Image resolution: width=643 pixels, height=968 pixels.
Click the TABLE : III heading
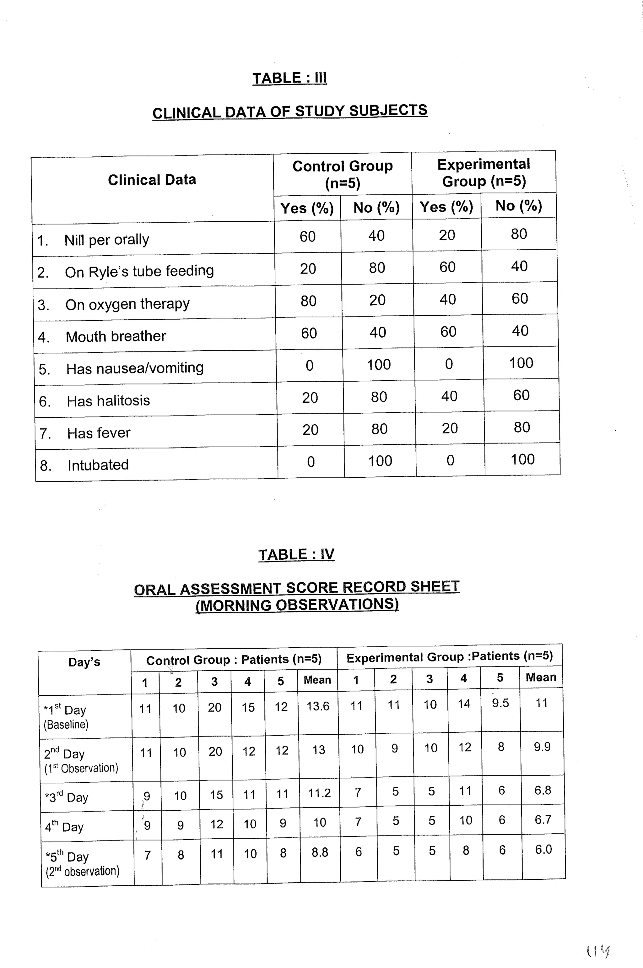coord(289,78)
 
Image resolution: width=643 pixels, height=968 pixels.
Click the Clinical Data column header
coord(152,180)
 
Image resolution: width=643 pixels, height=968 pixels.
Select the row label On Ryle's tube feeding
coord(139,271)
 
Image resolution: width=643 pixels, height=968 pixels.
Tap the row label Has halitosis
coord(108,400)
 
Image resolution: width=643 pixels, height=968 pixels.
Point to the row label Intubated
coord(98,465)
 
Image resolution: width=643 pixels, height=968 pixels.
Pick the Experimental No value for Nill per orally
coord(519,234)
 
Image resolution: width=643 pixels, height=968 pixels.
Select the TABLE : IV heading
coord(296,554)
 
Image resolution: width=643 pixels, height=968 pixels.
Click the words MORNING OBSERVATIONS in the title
coord(297,605)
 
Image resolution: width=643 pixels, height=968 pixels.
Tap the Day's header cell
coord(84,662)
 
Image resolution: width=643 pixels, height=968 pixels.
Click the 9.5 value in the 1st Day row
coord(500,703)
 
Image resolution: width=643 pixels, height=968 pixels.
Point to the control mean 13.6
coord(318,706)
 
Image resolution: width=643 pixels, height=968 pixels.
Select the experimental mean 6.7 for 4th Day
coord(543,819)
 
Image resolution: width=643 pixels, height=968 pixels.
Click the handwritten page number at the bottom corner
coord(597,951)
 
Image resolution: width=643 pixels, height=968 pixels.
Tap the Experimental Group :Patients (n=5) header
coord(450,657)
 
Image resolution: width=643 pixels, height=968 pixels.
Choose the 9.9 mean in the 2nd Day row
coord(542,747)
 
